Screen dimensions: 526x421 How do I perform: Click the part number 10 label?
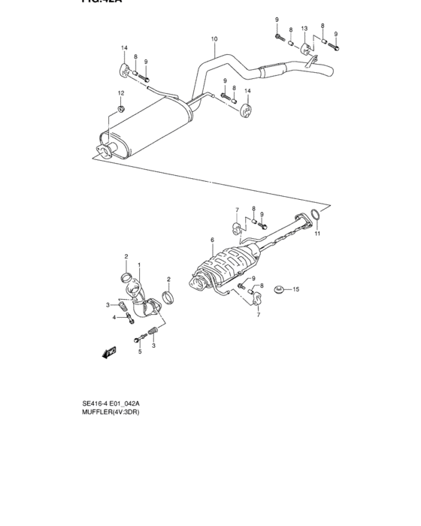(x=214, y=38)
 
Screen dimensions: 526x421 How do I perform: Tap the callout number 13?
(x=304, y=29)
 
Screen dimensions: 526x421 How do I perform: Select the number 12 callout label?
(x=120, y=92)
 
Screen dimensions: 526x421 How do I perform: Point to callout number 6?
(x=213, y=240)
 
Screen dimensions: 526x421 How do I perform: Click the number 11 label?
(x=317, y=234)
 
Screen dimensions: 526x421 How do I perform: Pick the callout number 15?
(x=296, y=289)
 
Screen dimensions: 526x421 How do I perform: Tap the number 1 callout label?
(x=139, y=267)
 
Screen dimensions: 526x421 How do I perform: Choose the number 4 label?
(x=114, y=317)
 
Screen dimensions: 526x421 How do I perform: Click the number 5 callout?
(x=139, y=351)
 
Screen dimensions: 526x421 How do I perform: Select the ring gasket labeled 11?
(x=317, y=218)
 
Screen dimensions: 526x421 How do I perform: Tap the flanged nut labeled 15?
(x=280, y=289)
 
